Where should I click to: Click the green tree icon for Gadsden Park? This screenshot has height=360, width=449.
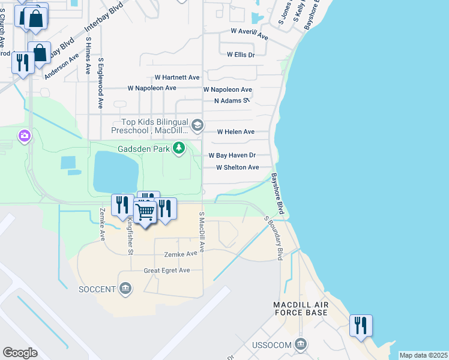pyautogui.click(x=178, y=148)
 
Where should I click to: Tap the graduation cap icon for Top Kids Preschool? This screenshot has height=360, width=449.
pyautogui.click(x=198, y=126)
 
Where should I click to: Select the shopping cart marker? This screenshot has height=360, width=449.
pyautogui.click(x=145, y=211)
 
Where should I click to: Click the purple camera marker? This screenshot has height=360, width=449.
pyautogui.click(x=25, y=136)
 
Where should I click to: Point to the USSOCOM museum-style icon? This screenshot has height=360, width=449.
pyautogui.click(x=301, y=344)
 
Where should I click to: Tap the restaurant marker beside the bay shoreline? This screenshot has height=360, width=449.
pyautogui.click(x=361, y=325)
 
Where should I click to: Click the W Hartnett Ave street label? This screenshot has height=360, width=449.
pyautogui.click(x=177, y=77)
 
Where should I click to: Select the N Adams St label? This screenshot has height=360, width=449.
pyautogui.click(x=232, y=101)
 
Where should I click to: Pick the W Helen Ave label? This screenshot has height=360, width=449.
pyautogui.click(x=235, y=131)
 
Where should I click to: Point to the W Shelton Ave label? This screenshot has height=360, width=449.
pyautogui.click(x=237, y=167)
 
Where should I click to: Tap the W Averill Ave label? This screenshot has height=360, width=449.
pyautogui.click(x=249, y=34)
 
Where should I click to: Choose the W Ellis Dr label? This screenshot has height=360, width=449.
pyautogui.click(x=241, y=55)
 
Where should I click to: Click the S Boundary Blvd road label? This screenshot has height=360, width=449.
pyautogui.click(x=273, y=238)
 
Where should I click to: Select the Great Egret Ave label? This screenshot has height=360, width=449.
pyautogui.click(x=166, y=271)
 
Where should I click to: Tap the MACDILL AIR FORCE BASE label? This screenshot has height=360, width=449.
pyautogui.click(x=301, y=308)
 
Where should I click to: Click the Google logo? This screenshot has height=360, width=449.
pyautogui.click(x=20, y=353)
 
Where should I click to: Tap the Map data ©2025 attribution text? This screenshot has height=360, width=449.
pyautogui.click(x=423, y=355)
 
